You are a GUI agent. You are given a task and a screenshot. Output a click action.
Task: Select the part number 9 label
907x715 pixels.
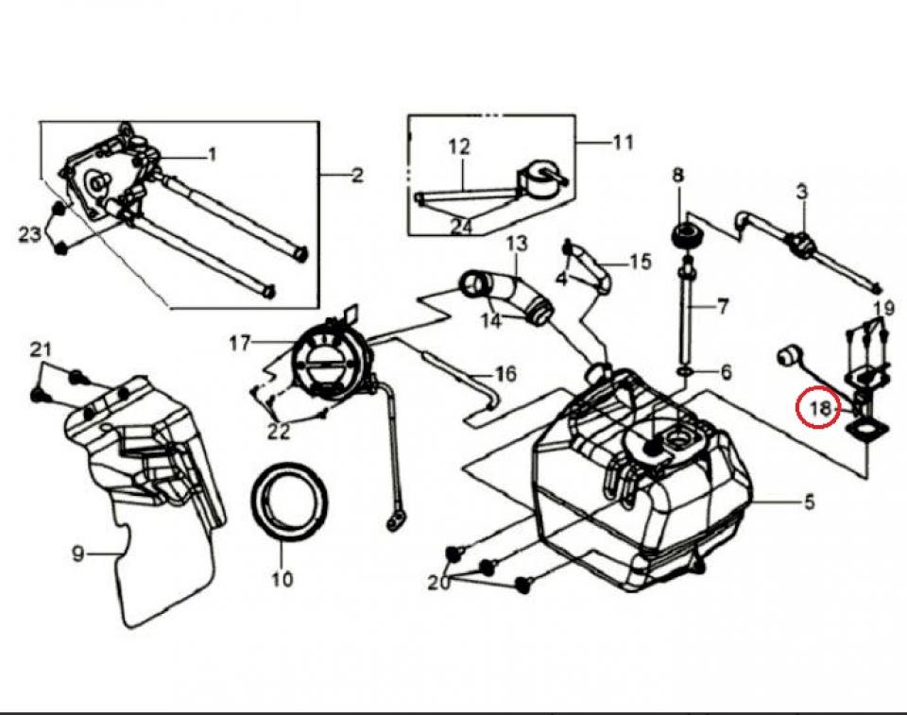click(78, 554)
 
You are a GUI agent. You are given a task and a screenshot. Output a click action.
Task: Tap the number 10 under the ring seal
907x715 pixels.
click(283, 579)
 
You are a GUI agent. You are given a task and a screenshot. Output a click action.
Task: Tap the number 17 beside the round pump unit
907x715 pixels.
click(240, 342)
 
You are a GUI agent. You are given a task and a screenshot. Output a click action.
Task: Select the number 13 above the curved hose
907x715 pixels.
click(516, 244)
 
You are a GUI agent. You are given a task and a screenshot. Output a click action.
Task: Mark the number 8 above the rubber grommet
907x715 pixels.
click(677, 175)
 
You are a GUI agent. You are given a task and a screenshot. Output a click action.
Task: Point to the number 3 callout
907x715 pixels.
click(801, 192)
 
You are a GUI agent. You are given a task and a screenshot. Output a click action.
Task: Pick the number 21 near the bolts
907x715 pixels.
click(39, 350)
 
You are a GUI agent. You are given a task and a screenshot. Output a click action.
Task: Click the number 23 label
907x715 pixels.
click(29, 234)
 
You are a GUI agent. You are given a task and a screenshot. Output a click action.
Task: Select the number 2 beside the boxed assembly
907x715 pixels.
click(357, 175)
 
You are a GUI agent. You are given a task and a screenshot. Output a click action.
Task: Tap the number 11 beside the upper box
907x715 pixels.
click(623, 144)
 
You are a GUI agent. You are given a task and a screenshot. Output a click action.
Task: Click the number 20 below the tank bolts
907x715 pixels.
click(438, 584)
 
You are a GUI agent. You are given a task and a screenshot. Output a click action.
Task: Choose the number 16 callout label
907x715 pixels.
click(505, 374)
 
